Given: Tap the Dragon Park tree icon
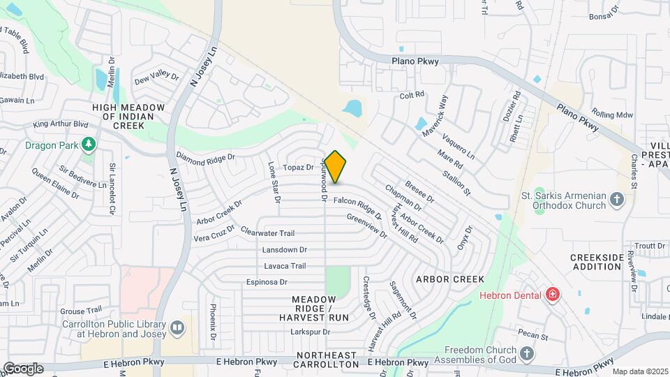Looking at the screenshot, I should (x=88, y=145).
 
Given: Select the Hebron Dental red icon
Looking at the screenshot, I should (x=552, y=295).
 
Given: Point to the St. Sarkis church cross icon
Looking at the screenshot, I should (x=616, y=200).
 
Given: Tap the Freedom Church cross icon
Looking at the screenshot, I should (x=526, y=355).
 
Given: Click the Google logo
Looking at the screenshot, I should (x=23, y=369).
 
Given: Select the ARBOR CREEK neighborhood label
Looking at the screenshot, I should (x=450, y=279).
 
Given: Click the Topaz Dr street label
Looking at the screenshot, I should (x=298, y=168).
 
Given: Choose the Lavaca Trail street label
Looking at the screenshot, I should (x=285, y=266).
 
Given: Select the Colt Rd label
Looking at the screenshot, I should (x=412, y=94).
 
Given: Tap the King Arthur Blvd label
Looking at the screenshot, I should (x=61, y=124).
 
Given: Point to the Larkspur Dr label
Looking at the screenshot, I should (x=309, y=332).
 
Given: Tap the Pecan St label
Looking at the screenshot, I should (x=534, y=337).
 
